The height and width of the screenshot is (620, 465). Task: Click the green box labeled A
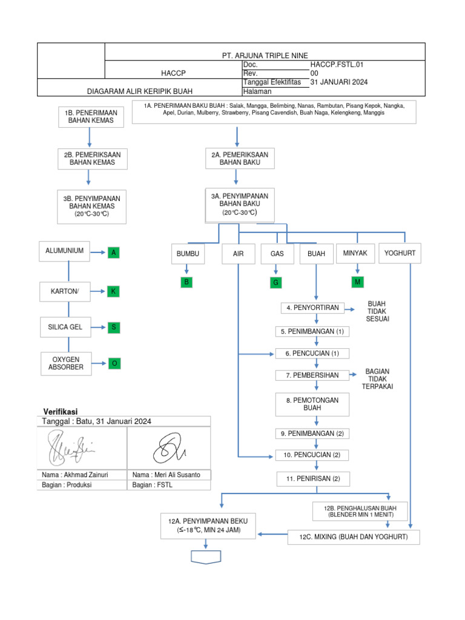coord(113,253)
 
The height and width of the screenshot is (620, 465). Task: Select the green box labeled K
coord(113,292)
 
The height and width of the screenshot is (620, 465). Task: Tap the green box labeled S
coord(113,328)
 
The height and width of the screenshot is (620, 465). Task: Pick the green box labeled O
coord(113,363)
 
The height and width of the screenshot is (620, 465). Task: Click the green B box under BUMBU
coord(188,282)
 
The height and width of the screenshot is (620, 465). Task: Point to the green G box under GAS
coord(275,282)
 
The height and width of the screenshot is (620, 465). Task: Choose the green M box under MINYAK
coord(358,282)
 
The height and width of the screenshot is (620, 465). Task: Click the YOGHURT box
coord(400,254)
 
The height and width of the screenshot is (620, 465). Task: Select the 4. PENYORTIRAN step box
coord(314,308)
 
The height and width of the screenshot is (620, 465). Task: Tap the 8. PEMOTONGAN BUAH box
coord(312,404)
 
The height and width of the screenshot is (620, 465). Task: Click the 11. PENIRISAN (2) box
coord(314,479)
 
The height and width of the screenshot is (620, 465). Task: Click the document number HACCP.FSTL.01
coord(337,64)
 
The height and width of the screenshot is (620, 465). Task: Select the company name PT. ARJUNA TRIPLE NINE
coord(265,55)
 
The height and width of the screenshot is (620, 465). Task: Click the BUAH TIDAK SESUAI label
coord(377,311)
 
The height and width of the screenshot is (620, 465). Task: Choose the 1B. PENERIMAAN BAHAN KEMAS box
coord(89,117)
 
